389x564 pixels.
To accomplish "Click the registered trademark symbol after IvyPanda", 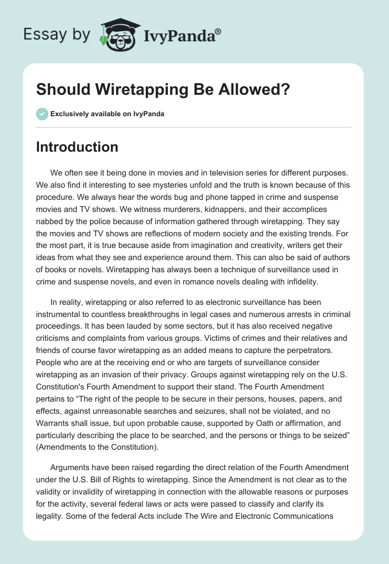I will [x=218, y=32].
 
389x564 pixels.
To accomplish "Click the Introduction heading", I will [x=77, y=147].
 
